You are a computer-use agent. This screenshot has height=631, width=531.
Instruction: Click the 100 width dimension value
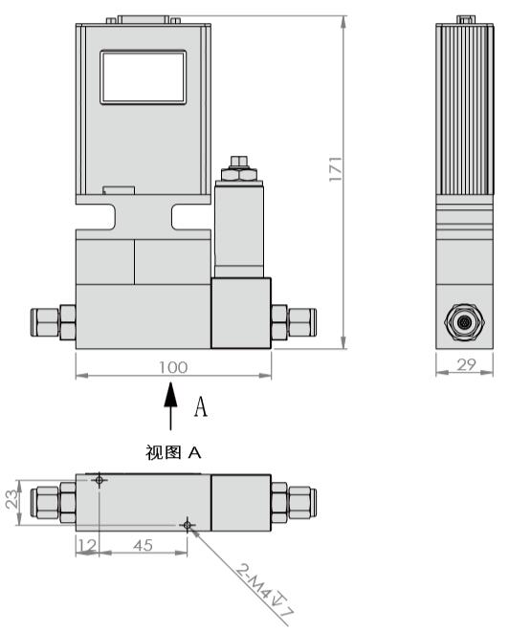click(173, 366)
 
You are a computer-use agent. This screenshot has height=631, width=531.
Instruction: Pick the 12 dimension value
click(87, 545)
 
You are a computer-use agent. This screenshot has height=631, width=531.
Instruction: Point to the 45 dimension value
click(144, 545)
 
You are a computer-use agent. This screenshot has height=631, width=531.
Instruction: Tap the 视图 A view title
click(173, 452)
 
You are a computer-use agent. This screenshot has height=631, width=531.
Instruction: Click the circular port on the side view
click(464, 323)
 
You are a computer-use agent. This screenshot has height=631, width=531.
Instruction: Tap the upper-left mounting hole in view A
click(100, 480)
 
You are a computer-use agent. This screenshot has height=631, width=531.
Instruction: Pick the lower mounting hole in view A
click(188, 523)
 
